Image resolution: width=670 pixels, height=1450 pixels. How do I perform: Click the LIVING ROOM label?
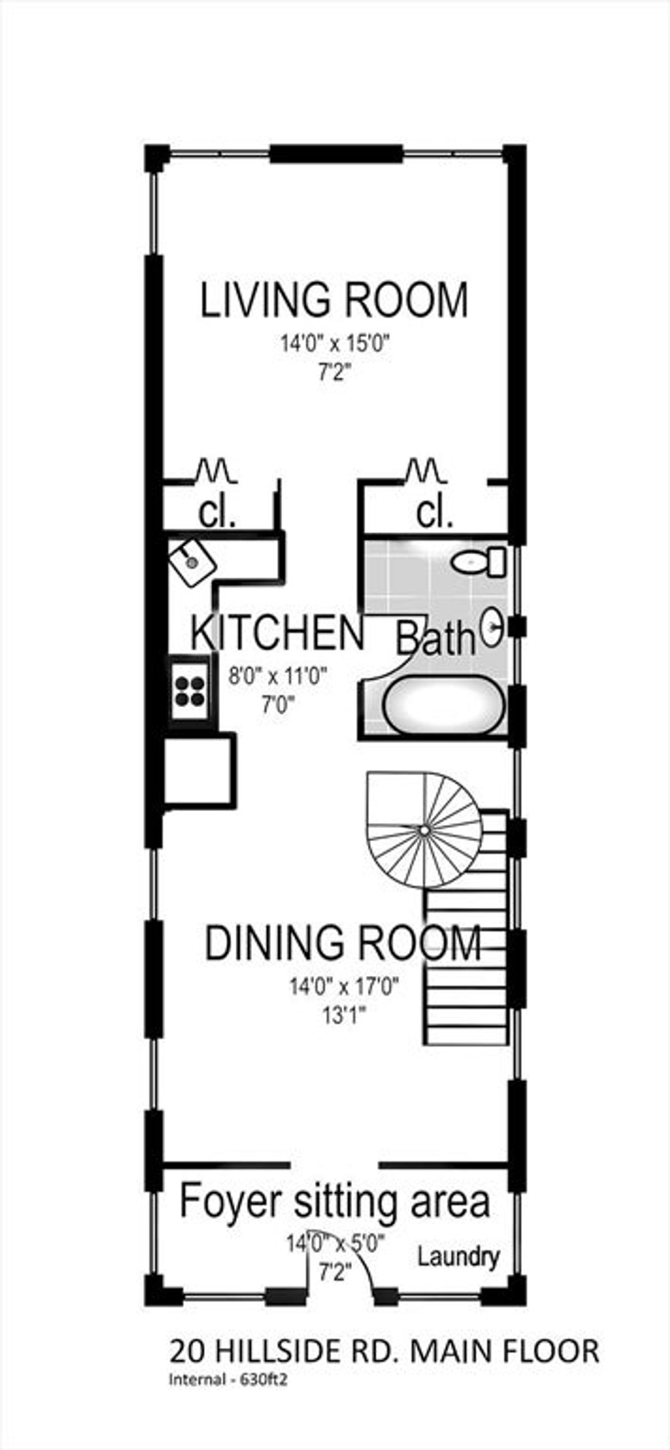point(334,300)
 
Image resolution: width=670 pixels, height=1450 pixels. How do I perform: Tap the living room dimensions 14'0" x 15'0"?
point(336,343)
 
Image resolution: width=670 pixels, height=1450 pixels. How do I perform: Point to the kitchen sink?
point(191,560)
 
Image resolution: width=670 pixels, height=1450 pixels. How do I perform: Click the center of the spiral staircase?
point(424,830)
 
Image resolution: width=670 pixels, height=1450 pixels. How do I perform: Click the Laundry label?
point(459,1257)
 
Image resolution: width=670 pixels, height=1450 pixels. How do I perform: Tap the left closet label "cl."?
point(217,515)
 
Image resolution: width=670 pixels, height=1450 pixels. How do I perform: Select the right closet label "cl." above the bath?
point(434,515)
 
